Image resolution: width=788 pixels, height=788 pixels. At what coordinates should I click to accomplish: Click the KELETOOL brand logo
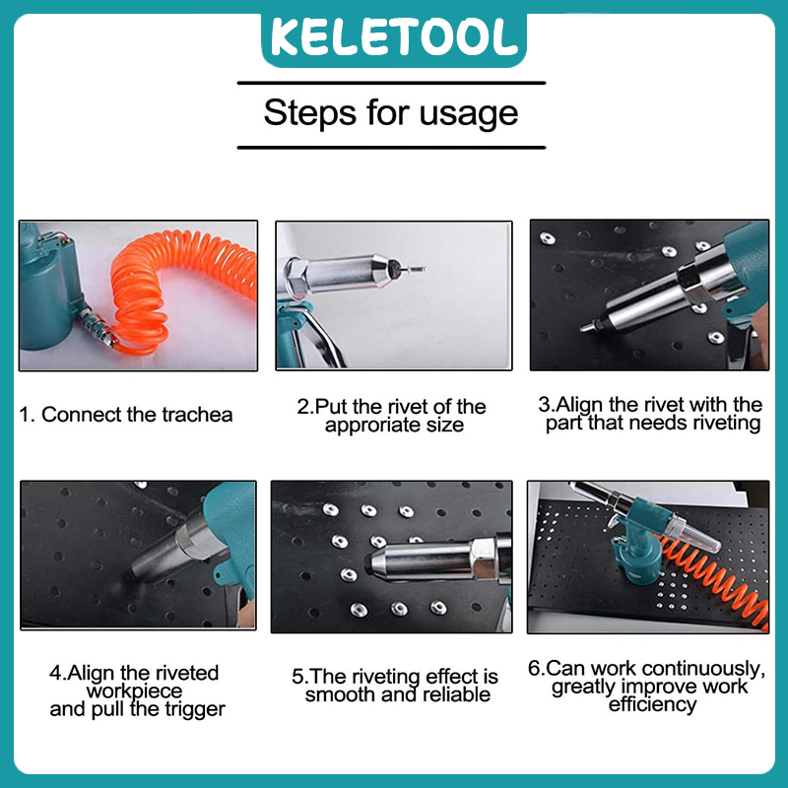pyautogui.click(x=394, y=38)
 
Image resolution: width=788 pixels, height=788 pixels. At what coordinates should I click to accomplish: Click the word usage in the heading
pyautogui.click(x=469, y=114)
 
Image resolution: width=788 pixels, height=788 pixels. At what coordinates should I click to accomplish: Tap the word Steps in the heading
pyautogui.click(x=309, y=113)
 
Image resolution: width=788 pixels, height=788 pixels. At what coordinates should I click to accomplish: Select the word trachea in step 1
pyautogui.click(x=197, y=415)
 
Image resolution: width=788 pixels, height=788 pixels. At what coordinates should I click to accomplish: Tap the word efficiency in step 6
pyautogui.click(x=652, y=704)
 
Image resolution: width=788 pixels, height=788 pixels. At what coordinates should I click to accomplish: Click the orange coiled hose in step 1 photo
pyautogui.click(x=176, y=287)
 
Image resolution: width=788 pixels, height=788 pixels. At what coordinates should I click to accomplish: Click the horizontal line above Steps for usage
pyautogui.click(x=391, y=83)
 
